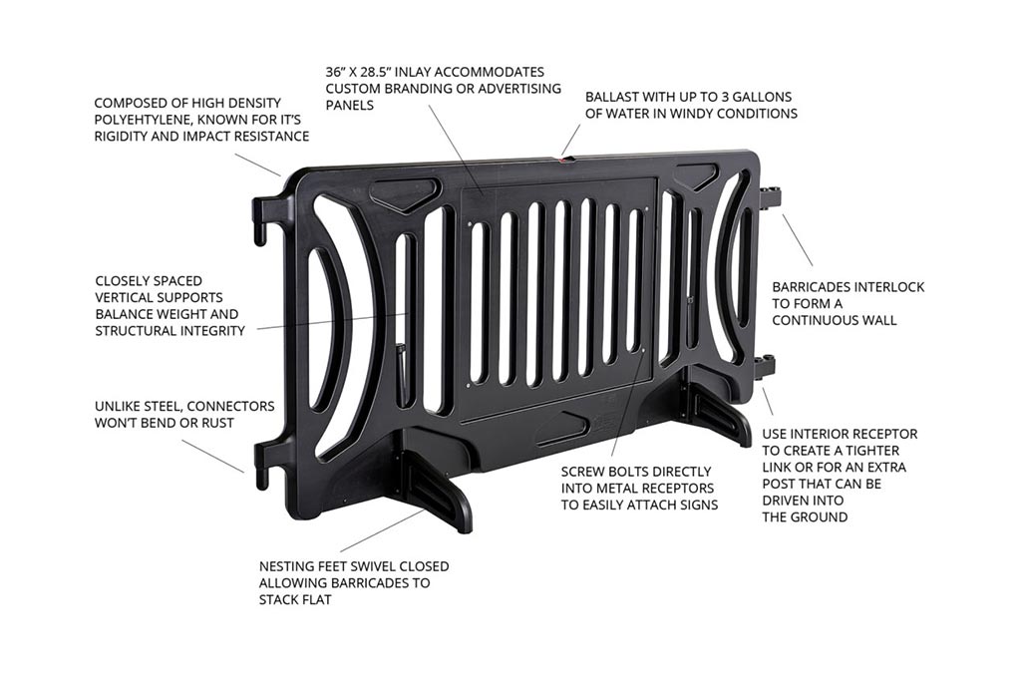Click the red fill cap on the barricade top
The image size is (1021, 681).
(x=565, y=157)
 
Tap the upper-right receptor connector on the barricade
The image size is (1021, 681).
(x=771, y=196)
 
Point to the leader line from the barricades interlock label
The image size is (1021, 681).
(x=797, y=239)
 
